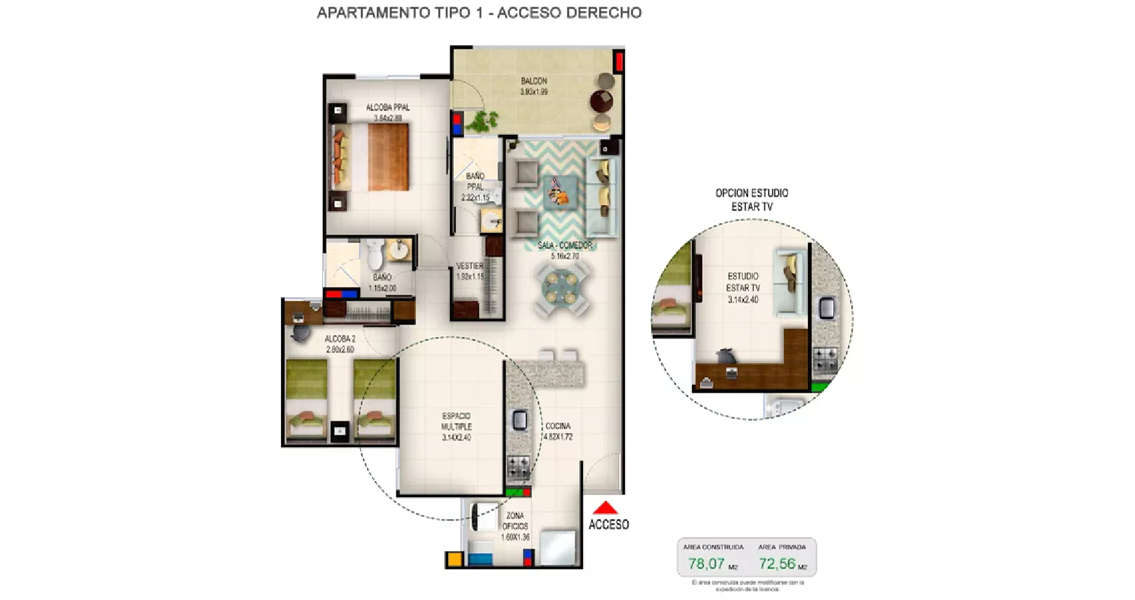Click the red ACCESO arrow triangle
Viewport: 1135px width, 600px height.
(x=605, y=508)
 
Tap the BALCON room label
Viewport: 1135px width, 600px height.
(x=534, y=81)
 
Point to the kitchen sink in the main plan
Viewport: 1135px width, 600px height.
(x=520, y=420)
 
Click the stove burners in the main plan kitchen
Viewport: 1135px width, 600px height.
(x=518, y=466)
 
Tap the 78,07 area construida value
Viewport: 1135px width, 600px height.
(x=706, y=564)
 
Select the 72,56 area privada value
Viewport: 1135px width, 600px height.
(x=777, y=564)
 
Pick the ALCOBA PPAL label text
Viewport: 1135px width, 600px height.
(x=388, y=107)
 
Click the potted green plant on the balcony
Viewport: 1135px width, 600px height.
(x=483, y=121)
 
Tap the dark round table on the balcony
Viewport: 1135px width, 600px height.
(x=601, y=101)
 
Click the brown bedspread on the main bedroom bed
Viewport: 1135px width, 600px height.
(x=388, y=157)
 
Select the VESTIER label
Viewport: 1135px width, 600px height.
(x=470, y=266)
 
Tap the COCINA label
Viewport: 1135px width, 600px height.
(x=558, y=426)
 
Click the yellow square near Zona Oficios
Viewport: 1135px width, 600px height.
(x=454, y=559)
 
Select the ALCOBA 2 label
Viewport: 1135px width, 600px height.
(x=340, y=339)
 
